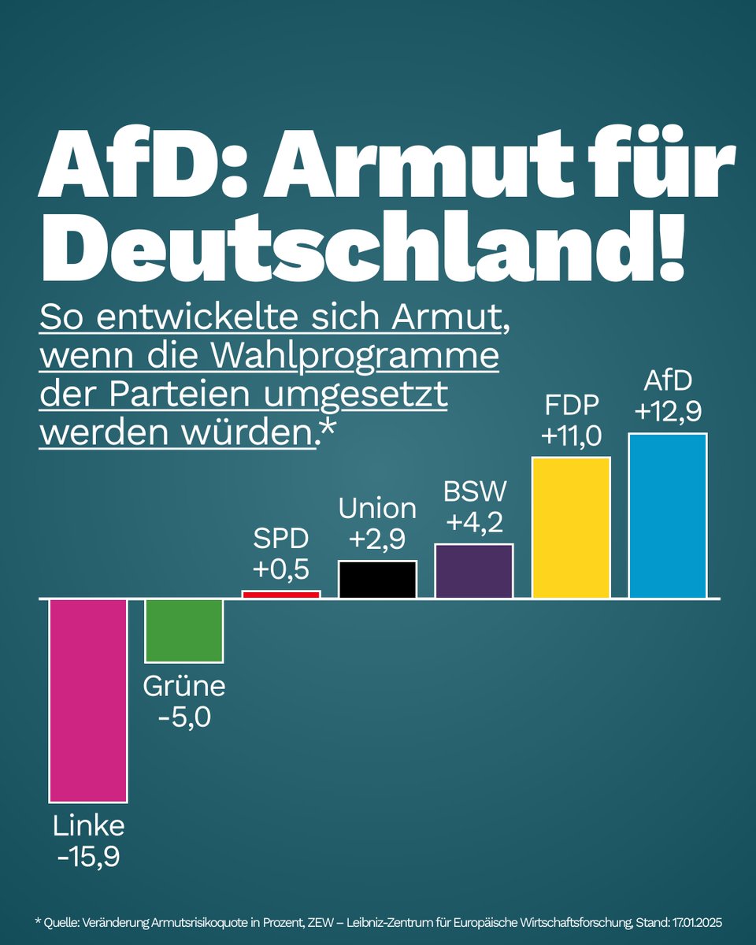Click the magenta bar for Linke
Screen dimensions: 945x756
88,700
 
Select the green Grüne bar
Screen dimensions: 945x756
184,630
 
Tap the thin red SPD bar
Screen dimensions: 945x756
281,594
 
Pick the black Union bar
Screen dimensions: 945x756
377,580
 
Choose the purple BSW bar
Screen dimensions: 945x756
474,571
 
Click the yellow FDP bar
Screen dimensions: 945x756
571,528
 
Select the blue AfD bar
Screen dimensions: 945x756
667,516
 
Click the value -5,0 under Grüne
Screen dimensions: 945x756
184,718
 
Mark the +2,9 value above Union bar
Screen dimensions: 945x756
377,539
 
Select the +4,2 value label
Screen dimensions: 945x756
474,523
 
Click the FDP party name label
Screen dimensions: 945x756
571,406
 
